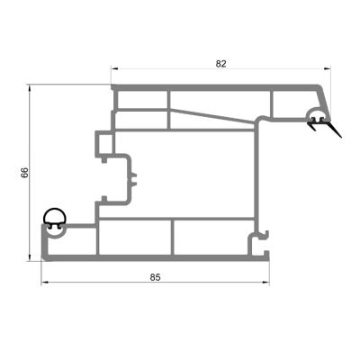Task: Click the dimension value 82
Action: (x=221, y=63)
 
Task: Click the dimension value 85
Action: (x=155, y=276)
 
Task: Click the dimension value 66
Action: (x=25, y=172)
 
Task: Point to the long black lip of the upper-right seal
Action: (x=334, y=130)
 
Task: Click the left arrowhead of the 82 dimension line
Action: (x=114, y=70)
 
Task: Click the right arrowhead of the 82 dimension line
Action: (x=327, y=70)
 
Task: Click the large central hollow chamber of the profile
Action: (x=193, y=171)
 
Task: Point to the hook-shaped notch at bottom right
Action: (x=262, y=238)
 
